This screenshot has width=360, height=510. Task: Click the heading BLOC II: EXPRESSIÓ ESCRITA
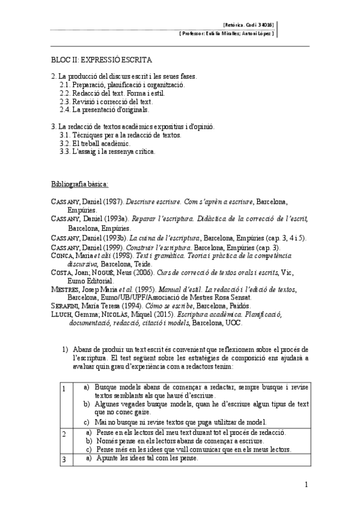(x=101, y=60)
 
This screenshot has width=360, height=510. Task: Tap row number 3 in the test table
(x=64, y=458)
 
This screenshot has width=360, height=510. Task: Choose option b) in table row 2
(x=89, y=441)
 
